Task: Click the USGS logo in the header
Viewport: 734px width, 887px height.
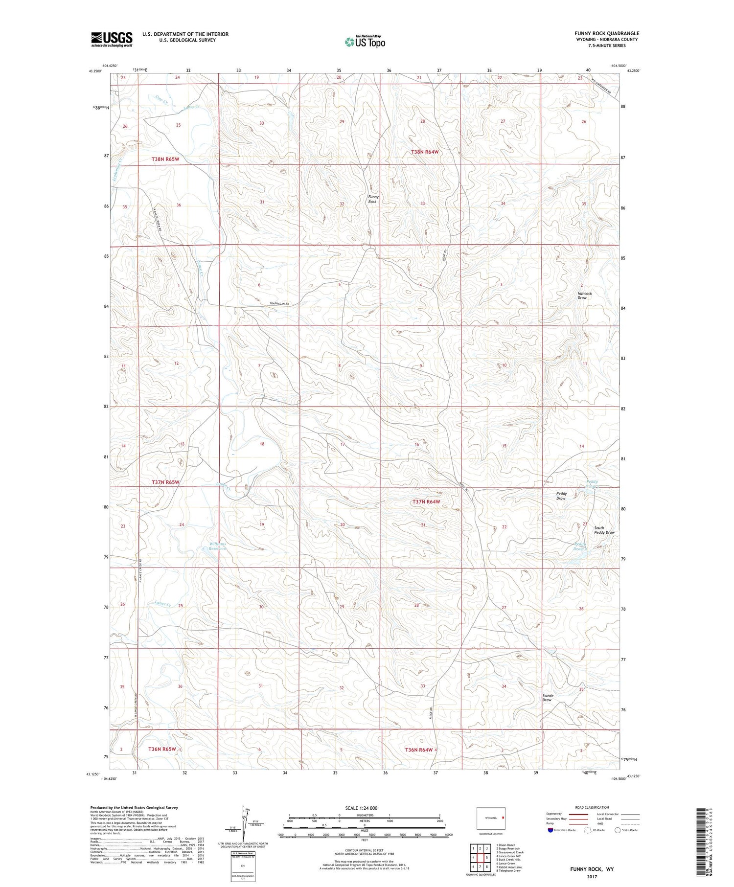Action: click(x=112, y=39)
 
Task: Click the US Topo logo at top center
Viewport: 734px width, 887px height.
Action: click(x=365, y=42)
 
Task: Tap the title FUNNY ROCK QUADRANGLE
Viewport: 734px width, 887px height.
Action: click(x=607, y=33)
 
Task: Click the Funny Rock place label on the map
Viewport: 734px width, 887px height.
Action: click(x=373, y=199)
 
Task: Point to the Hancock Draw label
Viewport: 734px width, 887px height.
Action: click(x=584, y=296)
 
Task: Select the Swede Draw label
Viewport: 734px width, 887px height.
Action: click(x=547, y=698)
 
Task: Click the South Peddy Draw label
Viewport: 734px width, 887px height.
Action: click(x=604, y=530)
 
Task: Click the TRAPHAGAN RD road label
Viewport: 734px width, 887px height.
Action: click(x=279, y=304)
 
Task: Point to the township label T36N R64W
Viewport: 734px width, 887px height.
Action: click(x=419, y=750)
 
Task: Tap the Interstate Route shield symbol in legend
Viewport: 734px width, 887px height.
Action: click(x=550, y=830)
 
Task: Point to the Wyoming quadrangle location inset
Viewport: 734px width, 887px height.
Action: click(x=491, y=818)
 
